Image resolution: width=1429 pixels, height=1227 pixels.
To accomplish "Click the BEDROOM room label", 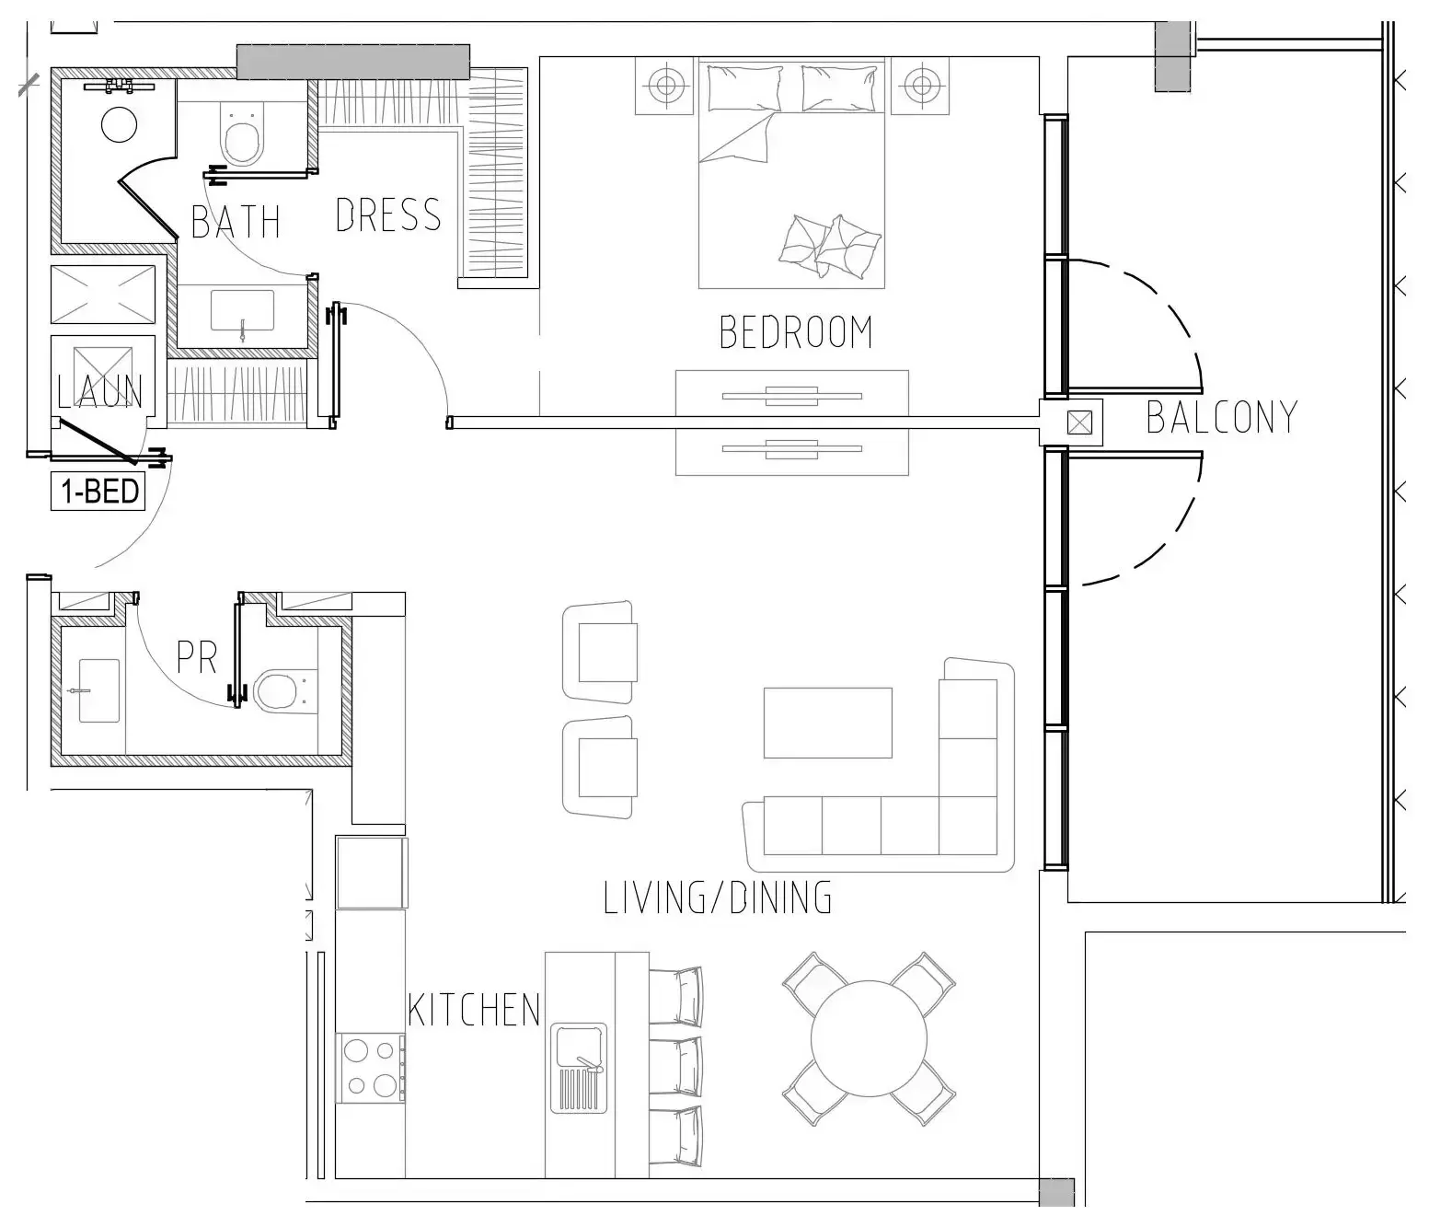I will pyautogui.click(x=795, y=332).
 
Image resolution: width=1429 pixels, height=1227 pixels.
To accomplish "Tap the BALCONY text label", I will pyautogui.click(x=1221, y=417).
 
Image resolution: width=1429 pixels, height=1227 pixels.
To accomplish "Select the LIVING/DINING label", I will pyautogui.click(x=718, y=897).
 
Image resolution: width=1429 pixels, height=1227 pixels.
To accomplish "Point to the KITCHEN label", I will pyautogui.click(x=474, y=1010).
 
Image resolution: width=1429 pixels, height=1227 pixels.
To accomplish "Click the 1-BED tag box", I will pyautogui.click(x=98, y=492).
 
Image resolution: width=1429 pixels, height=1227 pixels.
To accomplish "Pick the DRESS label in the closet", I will pyautogui.click(x=387, y=215).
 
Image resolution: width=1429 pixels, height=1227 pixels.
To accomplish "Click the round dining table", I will pyautogui.click(x=869, y=1038).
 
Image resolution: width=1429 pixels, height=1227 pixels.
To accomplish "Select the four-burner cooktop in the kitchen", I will pyautogui.click(x=371, y=1068).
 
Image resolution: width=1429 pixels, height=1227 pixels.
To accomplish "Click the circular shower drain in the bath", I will pyautogui.click(x=119, y=125).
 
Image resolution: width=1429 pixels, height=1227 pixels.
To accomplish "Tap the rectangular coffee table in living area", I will pyautogui.click(x=827, y=723).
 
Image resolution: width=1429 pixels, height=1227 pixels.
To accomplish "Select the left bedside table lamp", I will pyautogui.click(x=663, y=87).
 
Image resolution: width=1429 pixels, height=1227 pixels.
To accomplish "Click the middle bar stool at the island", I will pyautogui.click(x=677, y=1067).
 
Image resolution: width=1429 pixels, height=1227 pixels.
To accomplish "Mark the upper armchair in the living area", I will pyautogui.click(x=600, y=652).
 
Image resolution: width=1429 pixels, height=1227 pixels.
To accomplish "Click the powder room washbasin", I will pyautogui.click(x=98, y=689).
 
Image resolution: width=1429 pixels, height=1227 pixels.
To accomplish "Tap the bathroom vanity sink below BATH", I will pyautogui.click(x=242, y=312).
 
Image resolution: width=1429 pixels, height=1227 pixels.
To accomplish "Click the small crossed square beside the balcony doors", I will pyautogui.click(x=1078, y=423).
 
